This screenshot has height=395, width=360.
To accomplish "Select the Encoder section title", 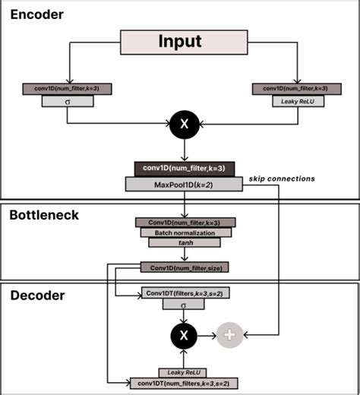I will (x=37, y=14).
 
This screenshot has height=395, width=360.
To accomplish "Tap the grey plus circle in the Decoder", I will (x=229, y=333).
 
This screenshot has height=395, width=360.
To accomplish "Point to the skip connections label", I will (x=280, y=179).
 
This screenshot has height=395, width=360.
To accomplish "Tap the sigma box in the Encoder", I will (x=68, y=100).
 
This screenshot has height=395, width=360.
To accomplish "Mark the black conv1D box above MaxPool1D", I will (x=181, y=169).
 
